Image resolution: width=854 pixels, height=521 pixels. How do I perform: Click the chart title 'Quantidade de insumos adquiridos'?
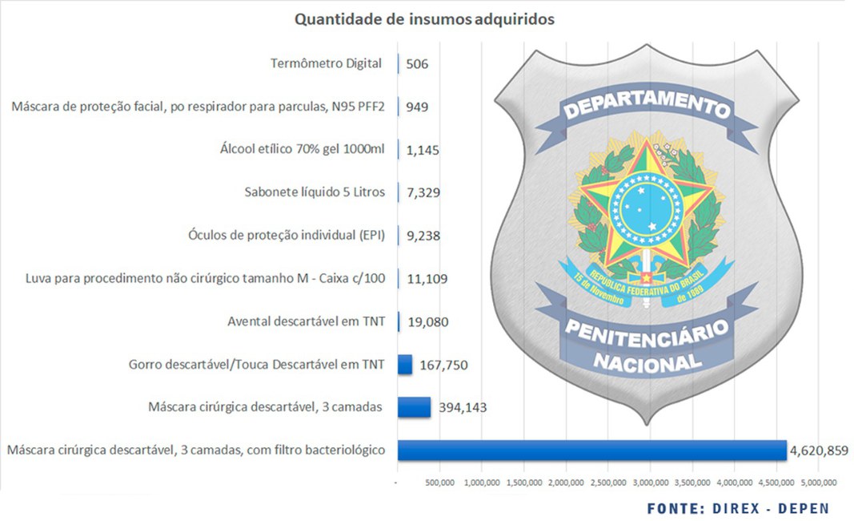coord(424,19)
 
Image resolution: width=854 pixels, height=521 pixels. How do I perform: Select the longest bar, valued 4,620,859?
coord(591,450)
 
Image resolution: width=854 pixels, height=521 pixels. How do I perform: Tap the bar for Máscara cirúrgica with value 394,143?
coord(414,407)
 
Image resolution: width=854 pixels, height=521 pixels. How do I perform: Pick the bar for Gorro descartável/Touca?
coord(405,365)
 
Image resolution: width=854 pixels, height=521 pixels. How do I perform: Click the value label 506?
coord(418,63)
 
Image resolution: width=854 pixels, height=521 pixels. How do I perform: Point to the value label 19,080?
coord(427,322)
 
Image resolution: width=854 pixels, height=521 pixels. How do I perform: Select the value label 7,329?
coord(423,193)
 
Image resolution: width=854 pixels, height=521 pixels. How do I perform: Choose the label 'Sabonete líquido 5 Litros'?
coord(315,192)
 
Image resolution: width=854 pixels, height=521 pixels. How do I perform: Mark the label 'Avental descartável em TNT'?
coord(307,321)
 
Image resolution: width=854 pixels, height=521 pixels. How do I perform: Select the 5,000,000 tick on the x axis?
coord(819,483)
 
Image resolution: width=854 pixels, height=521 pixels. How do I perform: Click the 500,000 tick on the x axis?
coord(440,483)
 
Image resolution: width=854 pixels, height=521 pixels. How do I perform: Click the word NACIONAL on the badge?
coord(647,361)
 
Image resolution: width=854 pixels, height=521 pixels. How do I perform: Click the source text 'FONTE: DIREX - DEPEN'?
coord(738,508)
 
